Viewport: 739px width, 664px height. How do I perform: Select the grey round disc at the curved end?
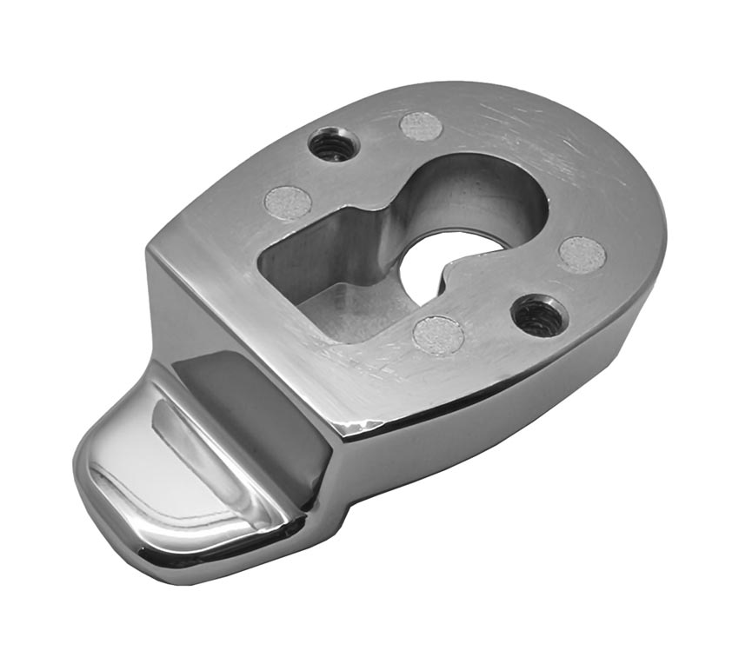coord(422,126)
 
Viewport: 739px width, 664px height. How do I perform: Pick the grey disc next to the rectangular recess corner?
coord(288,203)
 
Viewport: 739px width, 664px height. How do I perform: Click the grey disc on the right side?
coord(582,254)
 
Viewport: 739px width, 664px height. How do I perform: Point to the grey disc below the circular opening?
coord(437,333)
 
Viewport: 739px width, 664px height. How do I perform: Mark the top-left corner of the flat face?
coord(155,248)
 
